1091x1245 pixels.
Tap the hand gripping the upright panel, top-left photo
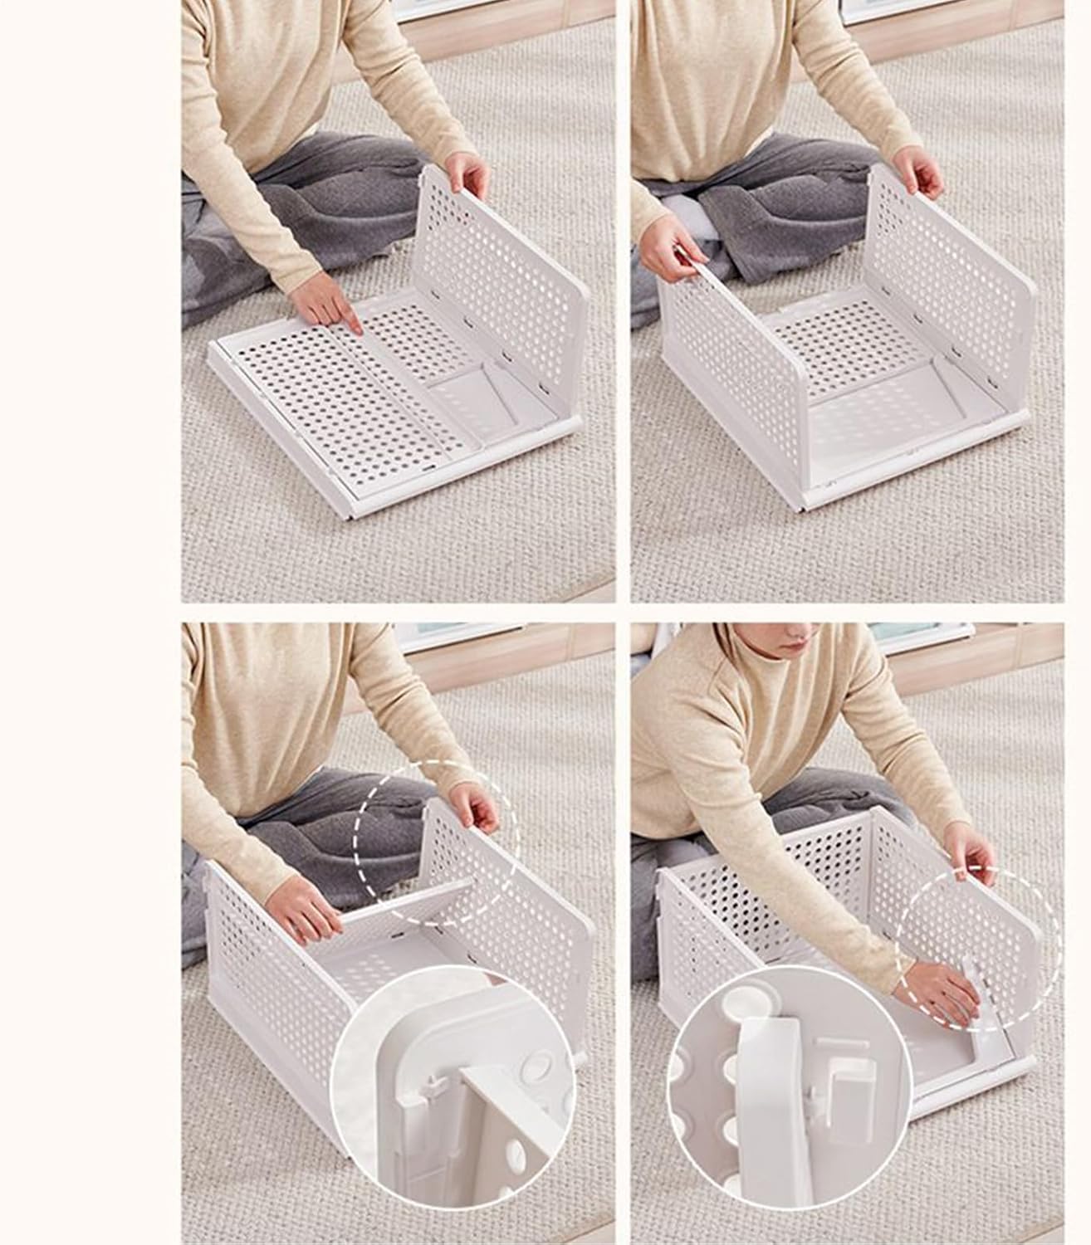pos(467,176)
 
